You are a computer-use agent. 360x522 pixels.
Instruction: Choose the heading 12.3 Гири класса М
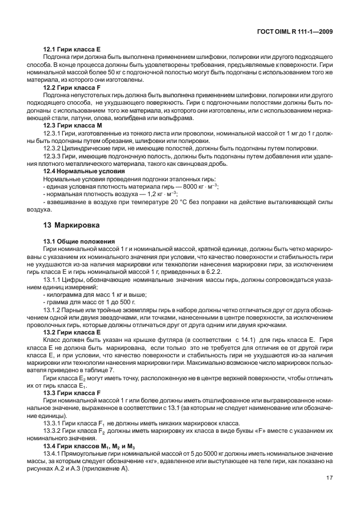pos(71,125)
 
